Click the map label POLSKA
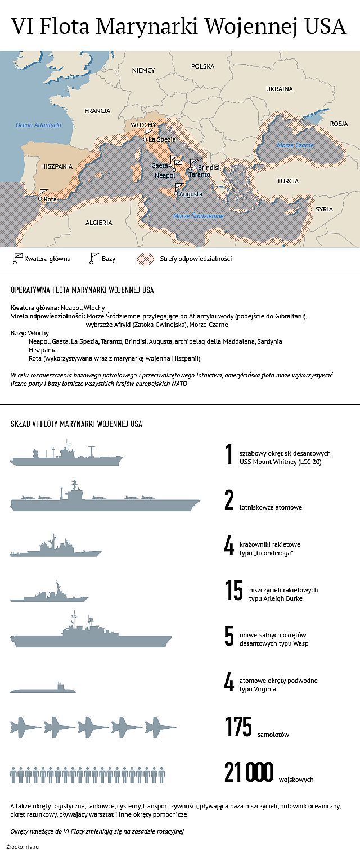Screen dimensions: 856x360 [x=203, y=66]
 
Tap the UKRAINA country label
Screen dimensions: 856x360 [x=280, y=89]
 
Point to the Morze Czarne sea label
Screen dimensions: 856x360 [x=295, y=145]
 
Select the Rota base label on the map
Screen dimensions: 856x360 [x=50, y=199]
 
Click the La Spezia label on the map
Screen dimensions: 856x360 [x=163, y=139]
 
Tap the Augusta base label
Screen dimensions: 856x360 [x=191, y=194]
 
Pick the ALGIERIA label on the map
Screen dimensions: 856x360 [x=99, y=223]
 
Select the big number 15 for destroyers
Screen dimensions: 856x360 [x=233, y=592]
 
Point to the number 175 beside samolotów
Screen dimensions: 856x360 [x=238, y=727]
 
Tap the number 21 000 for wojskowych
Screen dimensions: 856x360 [x=248, y=772]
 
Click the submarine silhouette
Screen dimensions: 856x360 [x=42, y=688]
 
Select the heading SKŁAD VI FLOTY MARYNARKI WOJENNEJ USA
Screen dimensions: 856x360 [x=76, y=424]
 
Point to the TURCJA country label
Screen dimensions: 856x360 [x=287, y=181]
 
